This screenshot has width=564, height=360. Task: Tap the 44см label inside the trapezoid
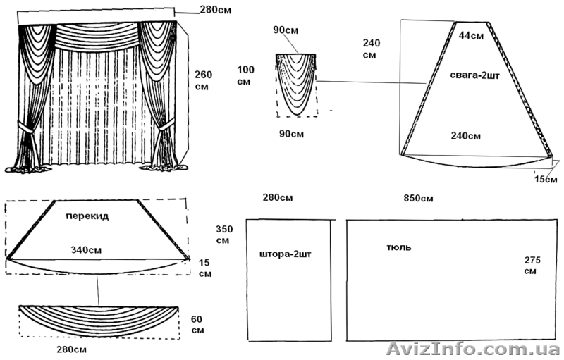click(470, 35)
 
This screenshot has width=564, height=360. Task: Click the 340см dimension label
click(87, 249)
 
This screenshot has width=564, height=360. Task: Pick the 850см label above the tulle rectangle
click(418, 197)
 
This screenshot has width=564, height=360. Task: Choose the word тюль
click(399, 247)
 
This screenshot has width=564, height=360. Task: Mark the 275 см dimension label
click(532, 266)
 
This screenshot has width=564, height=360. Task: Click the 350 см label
click(223, 235)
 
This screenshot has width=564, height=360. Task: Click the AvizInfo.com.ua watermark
click(474, 347)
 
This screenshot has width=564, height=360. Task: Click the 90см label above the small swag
click(284, 30)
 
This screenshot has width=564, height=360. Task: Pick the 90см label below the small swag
click(290, 133)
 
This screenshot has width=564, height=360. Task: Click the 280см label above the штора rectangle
click(277, 197)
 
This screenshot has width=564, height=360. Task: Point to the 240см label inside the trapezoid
click(466, 135)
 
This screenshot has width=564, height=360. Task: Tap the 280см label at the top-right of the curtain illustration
click(215, 10)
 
